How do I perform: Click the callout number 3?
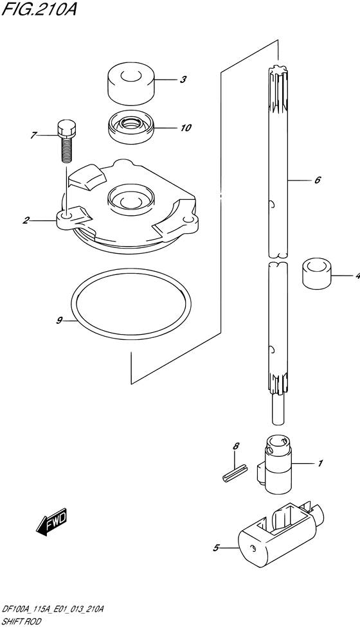(183, 80)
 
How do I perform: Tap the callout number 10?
(185, 128)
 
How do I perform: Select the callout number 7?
(33, 136)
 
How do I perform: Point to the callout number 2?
(26, 220)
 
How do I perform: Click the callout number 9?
(59, 320)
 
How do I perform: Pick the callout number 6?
(318, 180)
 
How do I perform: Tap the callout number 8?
(236, 446)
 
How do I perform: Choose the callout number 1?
(320, 464)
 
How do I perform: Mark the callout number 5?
(216, 547)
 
